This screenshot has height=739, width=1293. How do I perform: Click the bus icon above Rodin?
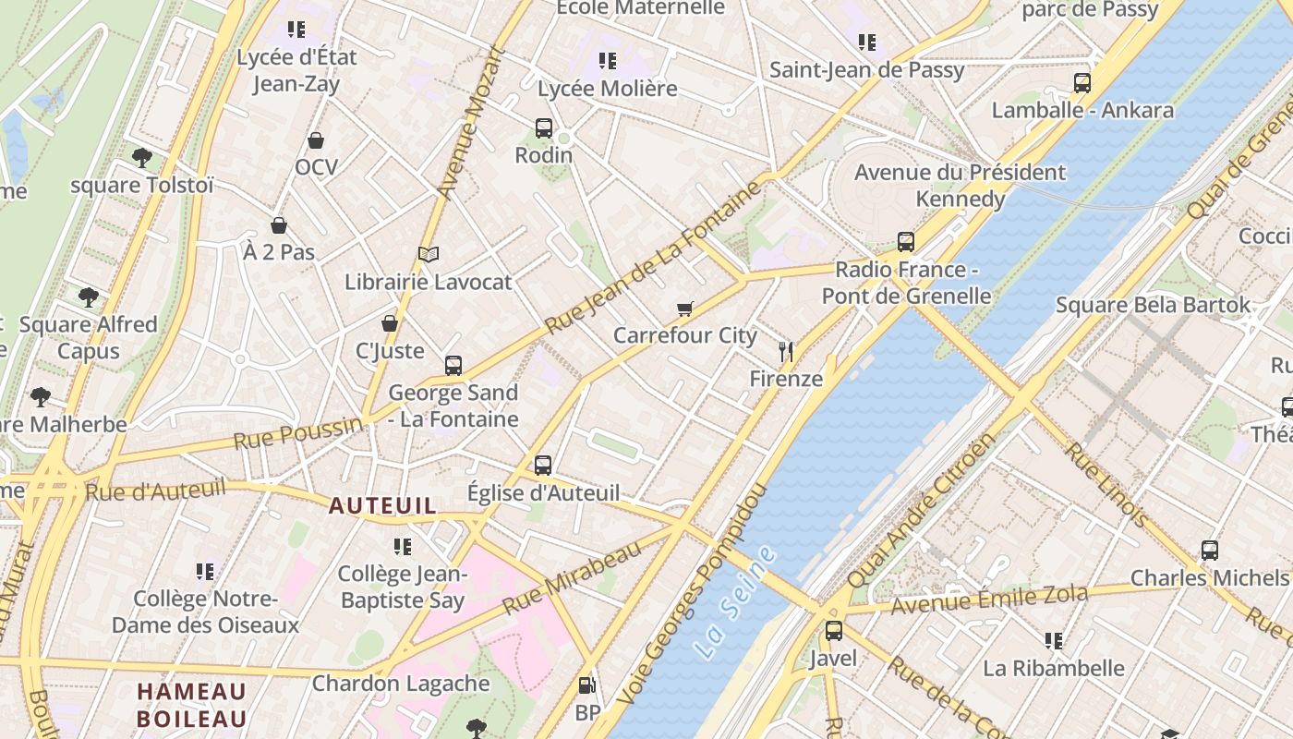click(544, 128)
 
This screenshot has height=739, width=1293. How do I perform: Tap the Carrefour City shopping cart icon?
click(684, 309)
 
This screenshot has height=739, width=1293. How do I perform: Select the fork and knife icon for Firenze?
click(786, 352)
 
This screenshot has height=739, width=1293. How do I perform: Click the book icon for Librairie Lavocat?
click(428, 254)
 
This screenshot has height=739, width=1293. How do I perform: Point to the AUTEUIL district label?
click(382, 506)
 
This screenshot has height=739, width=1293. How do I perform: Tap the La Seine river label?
click(735, 602)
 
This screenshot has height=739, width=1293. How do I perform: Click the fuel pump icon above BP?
click(586, 685)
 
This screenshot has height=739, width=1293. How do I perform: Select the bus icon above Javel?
click(833, 631)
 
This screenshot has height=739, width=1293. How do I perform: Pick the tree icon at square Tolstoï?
click(141, 158)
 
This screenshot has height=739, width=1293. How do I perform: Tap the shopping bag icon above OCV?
click(316, 140)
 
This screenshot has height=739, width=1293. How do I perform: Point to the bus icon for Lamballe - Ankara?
click(1082, 83)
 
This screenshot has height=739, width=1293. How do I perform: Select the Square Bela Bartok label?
click(1153, 305)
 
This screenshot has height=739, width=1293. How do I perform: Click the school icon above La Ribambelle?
click(1053, 640)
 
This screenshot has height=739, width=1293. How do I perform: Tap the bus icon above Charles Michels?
click(1210, 551)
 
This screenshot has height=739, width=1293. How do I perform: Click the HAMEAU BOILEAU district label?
click(192, 705)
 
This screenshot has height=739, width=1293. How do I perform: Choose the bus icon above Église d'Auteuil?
click(543, 466)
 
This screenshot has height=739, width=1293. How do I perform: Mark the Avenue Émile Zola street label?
click(989, 600)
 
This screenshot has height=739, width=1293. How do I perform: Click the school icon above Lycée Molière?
click(607, 61)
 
